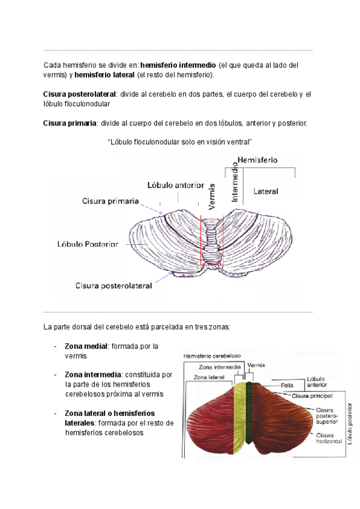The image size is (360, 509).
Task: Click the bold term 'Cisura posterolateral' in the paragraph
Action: coord(79,94)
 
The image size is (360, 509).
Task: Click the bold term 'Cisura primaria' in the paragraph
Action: coord(70,123)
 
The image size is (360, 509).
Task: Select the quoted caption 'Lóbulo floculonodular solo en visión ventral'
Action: coord(179,142)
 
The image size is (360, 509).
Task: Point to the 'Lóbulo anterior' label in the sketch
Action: coord(176,185)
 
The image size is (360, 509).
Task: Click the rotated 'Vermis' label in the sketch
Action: coord(211,196)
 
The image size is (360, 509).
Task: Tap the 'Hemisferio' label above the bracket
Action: coord(262,160)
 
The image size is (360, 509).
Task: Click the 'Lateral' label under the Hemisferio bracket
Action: coord(265,191)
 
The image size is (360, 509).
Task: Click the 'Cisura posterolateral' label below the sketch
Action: coord(114,286)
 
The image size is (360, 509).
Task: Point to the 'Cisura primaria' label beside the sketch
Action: coord(111,201)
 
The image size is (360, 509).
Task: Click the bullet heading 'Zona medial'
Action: coord(86,346)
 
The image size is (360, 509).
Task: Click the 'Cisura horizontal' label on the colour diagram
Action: coord(328,438)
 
